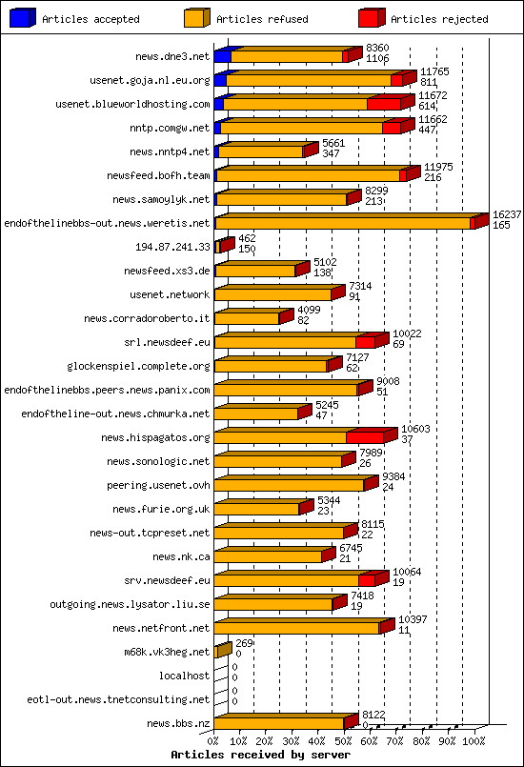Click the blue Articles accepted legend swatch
[x=23, y=17]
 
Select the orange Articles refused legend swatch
[x=197, y=17]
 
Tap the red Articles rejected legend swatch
[x=372, y=17]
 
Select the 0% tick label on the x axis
[x=213, y=740]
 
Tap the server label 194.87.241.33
[x=173, y=247]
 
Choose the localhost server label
[x=185, y=676]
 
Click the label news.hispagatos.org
[x=158, y=437]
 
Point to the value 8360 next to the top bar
[x=377, y=48]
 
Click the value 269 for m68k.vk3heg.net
[x=245, y=644]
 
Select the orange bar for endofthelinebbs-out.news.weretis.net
[x=343, y=223]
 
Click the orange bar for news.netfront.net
[x=296, y=628]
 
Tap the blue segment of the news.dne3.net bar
[x=221, y=56]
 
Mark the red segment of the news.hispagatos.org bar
[x=364, y=437]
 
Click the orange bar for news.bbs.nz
[x=278, y=723]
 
